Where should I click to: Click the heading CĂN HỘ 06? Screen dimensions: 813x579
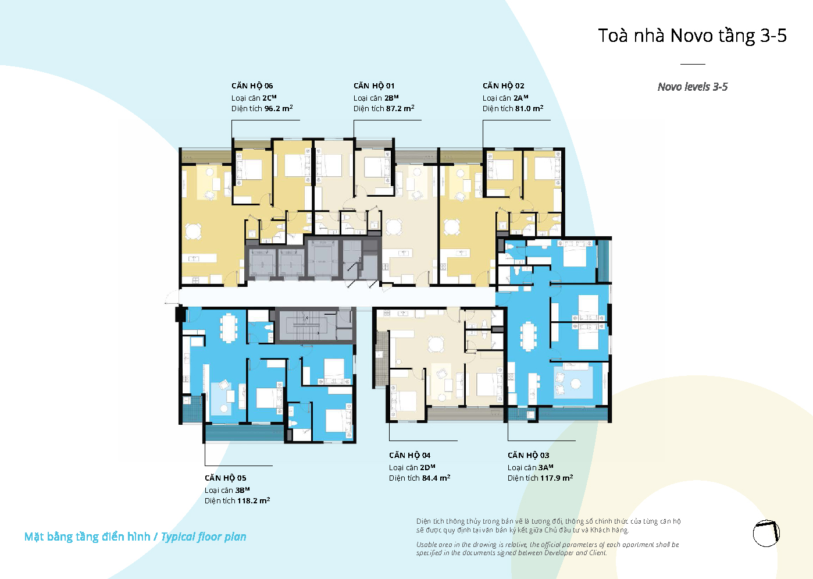coord(252,86)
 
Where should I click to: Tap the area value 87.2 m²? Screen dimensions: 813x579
coord(400,108)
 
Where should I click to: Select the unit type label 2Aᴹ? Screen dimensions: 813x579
coord(521,98)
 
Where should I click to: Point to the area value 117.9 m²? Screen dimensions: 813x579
coord(557,478)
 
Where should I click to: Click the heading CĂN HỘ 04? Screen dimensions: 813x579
coord(409,455)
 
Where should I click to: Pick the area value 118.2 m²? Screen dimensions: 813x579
coord(254,500)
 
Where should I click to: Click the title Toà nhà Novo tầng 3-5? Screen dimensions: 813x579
coord(692,35)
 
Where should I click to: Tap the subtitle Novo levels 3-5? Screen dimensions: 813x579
coord(693,87)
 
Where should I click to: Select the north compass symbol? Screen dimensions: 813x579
coord(766,533)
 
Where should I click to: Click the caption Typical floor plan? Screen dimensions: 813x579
coord(204,537)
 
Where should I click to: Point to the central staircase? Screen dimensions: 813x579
coord(305,325)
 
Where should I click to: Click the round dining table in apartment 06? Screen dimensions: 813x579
coord(193,232)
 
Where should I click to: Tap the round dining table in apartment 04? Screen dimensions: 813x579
coord(436,344)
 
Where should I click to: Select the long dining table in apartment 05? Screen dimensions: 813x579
coord(229,328)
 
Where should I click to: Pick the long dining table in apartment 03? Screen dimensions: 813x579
coord(528,336)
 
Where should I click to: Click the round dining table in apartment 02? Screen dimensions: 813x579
coord(451,228)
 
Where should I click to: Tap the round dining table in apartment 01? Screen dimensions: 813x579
coord(394,227)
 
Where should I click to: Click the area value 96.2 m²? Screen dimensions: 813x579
coord(279,108)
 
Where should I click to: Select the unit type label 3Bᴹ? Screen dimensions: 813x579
coord(243,490)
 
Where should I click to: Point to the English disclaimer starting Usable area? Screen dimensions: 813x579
coord(547,549)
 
